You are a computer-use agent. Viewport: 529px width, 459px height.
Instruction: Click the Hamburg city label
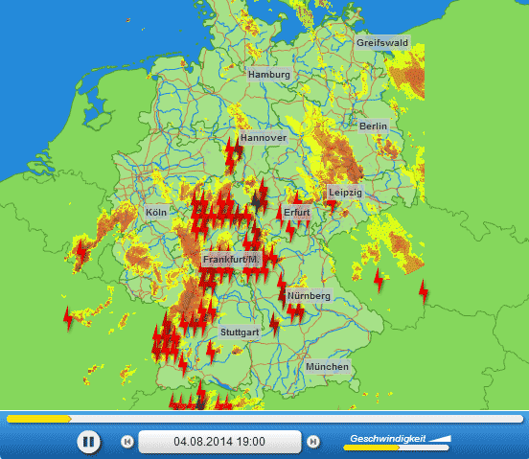tap(268, 74)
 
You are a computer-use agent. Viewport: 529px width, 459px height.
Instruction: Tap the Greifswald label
tap(381, 43)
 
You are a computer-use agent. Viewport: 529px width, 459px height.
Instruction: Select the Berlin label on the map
tap(373, 126)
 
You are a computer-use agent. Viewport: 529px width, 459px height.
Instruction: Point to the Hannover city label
tap(264, 138)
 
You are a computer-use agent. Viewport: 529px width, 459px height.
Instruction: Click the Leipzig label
tap(345, 193)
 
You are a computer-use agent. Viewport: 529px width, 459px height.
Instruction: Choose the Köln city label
tap(155, 212)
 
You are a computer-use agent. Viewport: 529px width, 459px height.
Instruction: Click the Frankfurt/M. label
tap(232, 260)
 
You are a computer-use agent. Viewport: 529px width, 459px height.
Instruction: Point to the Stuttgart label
tap(240, 332)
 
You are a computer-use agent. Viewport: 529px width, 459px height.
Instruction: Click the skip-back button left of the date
tap(126, 442)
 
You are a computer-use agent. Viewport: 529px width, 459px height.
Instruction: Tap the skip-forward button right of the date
tap(312, 442)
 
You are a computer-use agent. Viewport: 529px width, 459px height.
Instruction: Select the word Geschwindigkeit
tap(387, 437)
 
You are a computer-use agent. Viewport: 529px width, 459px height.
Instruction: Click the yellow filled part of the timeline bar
tap(38, 419)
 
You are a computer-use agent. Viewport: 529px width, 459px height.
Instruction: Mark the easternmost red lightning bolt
tap(424, 288)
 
